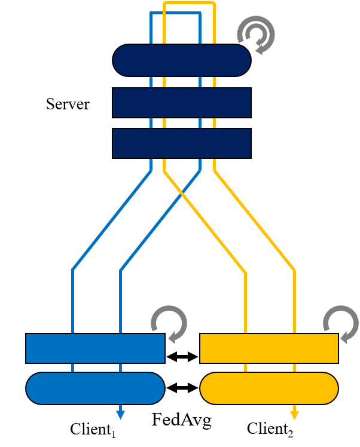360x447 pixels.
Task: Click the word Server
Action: point(68,105)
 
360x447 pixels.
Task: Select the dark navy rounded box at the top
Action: point(181,60)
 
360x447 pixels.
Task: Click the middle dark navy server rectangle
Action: point(181,103)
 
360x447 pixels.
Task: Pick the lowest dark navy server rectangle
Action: point(181,143)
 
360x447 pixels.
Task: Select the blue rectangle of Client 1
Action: point(94,348)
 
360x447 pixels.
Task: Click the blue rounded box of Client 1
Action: point(94,388)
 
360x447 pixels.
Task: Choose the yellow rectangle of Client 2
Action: point(269,348)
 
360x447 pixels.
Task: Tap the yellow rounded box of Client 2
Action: point(269,388)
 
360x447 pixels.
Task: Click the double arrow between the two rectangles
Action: point(182,357)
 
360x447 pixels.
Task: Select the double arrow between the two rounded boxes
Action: point(182,388)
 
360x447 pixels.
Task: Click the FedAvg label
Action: point(182,420)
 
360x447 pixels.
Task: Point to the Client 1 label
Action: point(93,430)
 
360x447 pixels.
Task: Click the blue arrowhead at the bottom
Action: point(121,414)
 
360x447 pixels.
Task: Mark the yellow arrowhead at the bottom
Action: point(294,414)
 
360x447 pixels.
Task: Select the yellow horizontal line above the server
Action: point(189,3)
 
